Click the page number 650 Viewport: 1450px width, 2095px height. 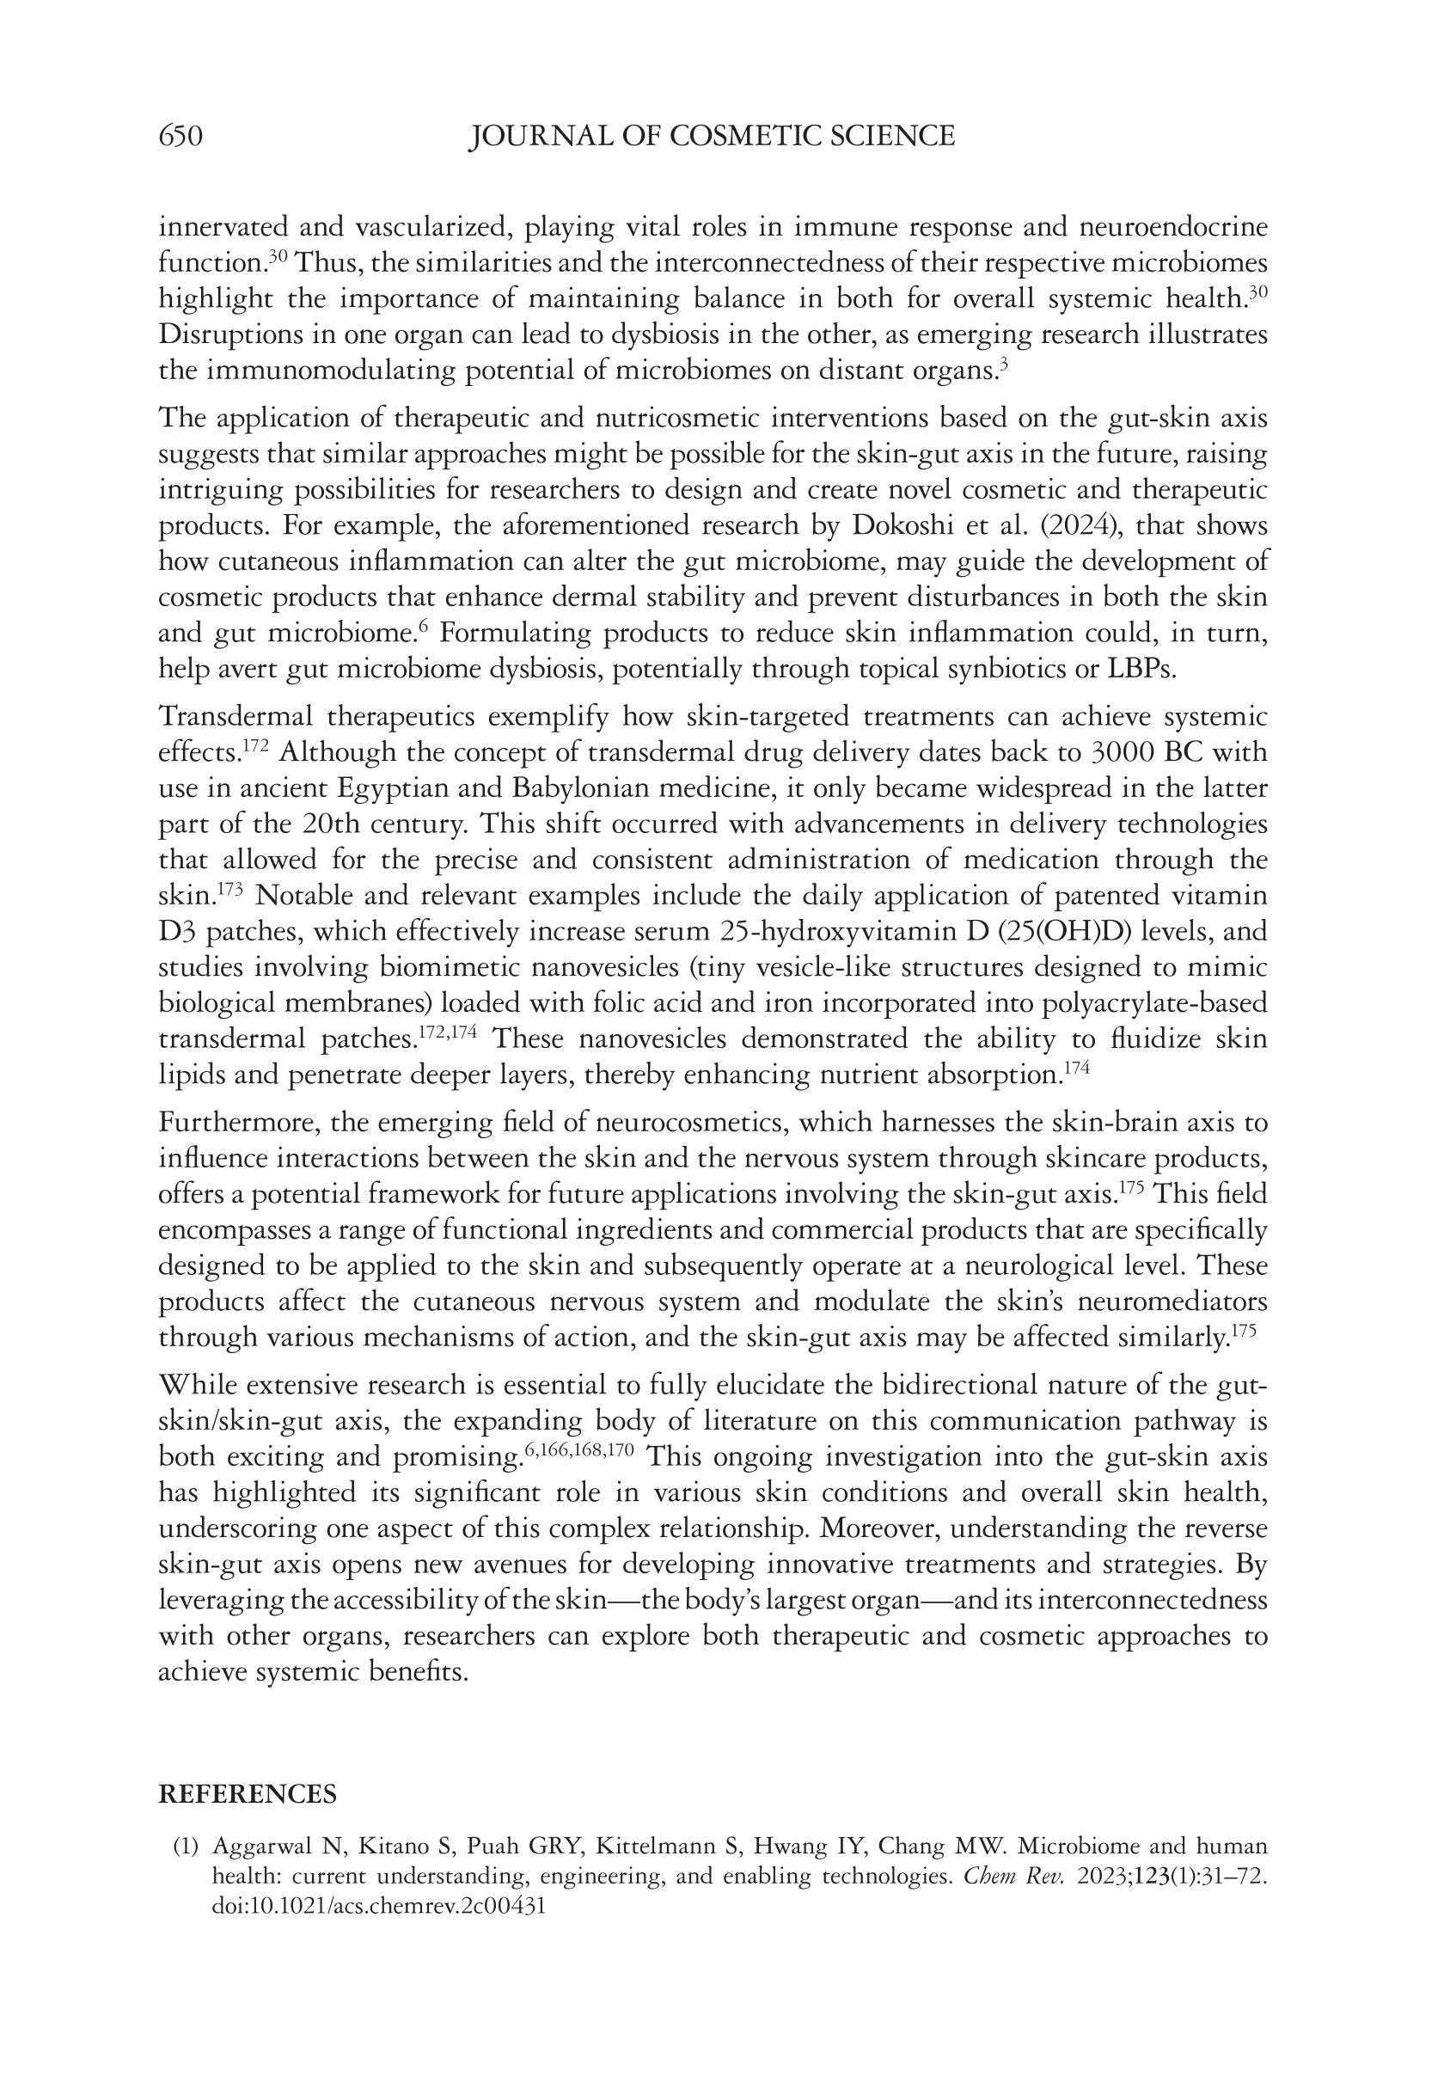(180, 137)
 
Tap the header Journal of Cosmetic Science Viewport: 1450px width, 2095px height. (712, 137)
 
